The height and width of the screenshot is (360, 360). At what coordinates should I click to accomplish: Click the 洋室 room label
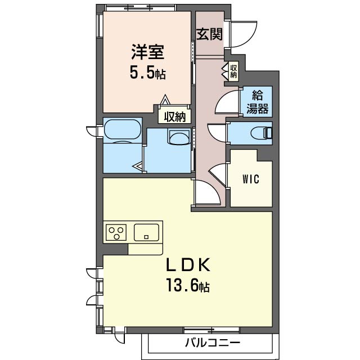pyautogui.click(x=147, y=52)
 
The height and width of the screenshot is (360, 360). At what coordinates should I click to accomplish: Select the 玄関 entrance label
pyautogui.click(x=209, y=34)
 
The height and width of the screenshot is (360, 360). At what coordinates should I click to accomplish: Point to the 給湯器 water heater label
pyautogui.click(x=258, y=102)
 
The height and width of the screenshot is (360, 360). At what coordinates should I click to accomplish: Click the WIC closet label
pyautogui.click(x=251, y=179)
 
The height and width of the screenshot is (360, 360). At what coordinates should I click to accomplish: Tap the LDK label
pyautogui.click(x=188, y=265)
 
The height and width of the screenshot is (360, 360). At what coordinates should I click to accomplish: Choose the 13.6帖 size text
pyautogui.click(x=188, y=285)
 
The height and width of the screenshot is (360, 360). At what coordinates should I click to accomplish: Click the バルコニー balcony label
pyautogui.click(x=213, y=343)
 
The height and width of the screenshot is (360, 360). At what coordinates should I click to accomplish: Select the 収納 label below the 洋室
pyautogui.click(x=174, y=117)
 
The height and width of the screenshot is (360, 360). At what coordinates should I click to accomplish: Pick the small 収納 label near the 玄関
pyautogui.click(x=233, y=71)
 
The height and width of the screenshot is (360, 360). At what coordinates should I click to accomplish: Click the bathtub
pyautogui.click(x=122, y=129)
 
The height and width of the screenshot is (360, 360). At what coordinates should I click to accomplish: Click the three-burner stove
pyautogui.click(x=116, y=232)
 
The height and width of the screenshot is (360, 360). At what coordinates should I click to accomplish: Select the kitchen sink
pyautogui.click(x=146, y=232)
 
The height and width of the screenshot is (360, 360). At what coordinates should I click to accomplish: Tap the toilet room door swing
pyautogui.click(x=216, y=133)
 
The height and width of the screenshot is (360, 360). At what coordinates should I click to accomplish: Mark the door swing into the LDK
pyautogui.click(x=208, y=192)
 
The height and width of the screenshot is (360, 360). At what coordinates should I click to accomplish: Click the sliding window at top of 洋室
pyautogui.click(x=140, y=7)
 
